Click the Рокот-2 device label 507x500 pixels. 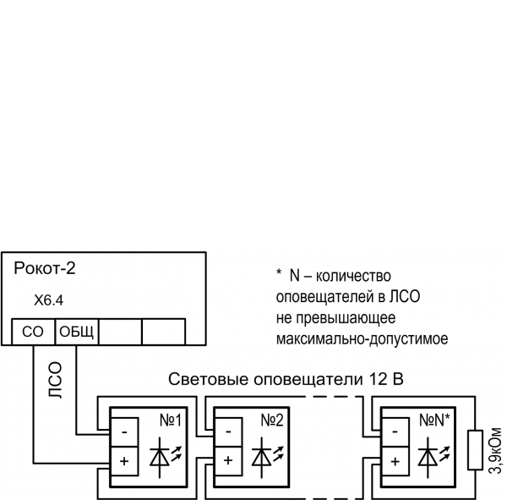(x=45, y=268)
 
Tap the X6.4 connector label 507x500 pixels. (x=49, y=300)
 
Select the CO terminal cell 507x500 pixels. (x=33, y=332)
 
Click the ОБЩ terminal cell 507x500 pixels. (x=77, y=332)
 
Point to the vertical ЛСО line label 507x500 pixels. (x=55, y=380)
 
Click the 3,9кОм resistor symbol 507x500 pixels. (x=475, y=449)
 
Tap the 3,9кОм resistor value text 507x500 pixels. (x=495, y=450)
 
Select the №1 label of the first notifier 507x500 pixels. (x=171, y=420)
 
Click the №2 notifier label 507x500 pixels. (x=272, y=420)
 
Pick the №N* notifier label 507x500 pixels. (x=434, y=420)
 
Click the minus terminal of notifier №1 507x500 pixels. (x=124, y=432)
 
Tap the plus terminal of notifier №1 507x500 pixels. (x=124, y=461)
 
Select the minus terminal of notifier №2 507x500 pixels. (x=229, y=432)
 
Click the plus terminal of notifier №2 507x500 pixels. (x=229, y=461)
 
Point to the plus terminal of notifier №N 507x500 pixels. (x=395, y=461)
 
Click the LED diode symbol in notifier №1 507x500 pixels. (x=166, y=457)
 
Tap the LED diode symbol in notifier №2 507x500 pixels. (x=267, y=457)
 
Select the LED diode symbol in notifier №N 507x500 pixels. (x=434, y=457)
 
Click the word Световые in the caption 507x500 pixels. (x=209, y=379)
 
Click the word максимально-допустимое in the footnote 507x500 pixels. (x=363, y=339)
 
